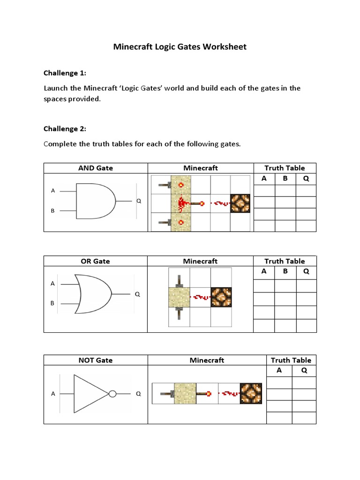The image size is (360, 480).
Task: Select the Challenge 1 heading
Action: tap(65, 73)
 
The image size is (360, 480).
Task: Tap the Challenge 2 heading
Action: tap(65, 129)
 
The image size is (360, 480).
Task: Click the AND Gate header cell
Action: tap(96, 168)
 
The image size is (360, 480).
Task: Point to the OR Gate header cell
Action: tap(96, 261)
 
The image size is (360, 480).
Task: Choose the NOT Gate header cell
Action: tap(96, 360)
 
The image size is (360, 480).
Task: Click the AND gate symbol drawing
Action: tap(96, 201)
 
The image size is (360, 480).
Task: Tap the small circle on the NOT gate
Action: tap(112, 394)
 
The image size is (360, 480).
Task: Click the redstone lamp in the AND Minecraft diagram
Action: tap(240, 203)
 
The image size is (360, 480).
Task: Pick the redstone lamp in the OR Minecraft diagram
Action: tap(220, 296)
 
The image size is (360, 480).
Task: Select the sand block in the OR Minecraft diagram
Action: tap(179, 296)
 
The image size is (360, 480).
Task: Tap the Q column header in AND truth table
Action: tap(306, 179)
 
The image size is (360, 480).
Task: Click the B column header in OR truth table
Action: tap(285, 271)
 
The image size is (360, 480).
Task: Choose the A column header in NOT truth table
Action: tap(279, 370)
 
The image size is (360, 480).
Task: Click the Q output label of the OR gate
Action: tap(138, 294)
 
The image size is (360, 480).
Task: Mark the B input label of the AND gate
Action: tap(53, 211)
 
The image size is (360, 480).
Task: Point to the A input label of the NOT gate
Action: tap(53, 394)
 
